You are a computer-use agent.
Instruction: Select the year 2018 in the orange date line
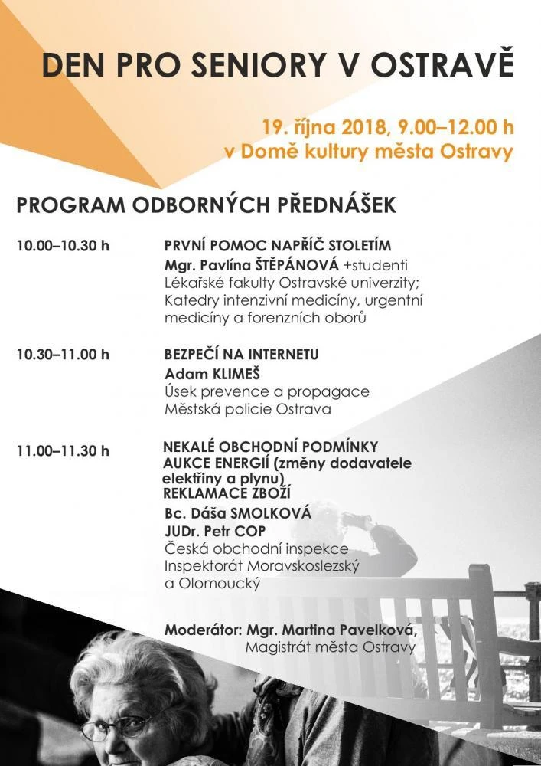pos(364,127)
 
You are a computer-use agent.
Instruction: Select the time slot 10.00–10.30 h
pos(63,247)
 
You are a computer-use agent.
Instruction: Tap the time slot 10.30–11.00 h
pos(63,354)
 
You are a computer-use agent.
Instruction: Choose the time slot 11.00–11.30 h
pos(63,450)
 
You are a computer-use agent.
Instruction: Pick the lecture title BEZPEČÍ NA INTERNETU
pos(241,355)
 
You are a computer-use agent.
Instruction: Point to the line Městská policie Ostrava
pos(248,409)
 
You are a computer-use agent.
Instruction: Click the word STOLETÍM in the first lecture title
pos(355,247)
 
